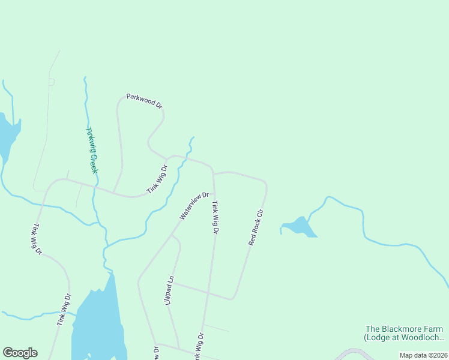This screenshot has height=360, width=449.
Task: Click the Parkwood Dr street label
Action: pos(144,101)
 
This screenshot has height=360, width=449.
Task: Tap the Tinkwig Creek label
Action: pos(91,150)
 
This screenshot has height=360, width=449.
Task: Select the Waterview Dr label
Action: pos(193,206)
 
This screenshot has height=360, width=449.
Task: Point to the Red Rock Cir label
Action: pos(256,227)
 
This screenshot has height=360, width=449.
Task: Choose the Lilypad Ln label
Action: pos(170,290)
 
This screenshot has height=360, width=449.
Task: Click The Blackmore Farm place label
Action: pos(404,329)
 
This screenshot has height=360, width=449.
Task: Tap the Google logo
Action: pos(20,353)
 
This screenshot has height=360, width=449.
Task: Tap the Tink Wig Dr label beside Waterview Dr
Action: pos(214,217)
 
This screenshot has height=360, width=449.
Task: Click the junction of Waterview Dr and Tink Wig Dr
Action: pos(214,193)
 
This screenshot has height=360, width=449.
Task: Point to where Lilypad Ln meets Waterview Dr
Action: pos(172,235)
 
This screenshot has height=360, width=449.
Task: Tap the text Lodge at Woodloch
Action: pos(404,338)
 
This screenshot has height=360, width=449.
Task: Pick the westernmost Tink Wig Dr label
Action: pos(37,239)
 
